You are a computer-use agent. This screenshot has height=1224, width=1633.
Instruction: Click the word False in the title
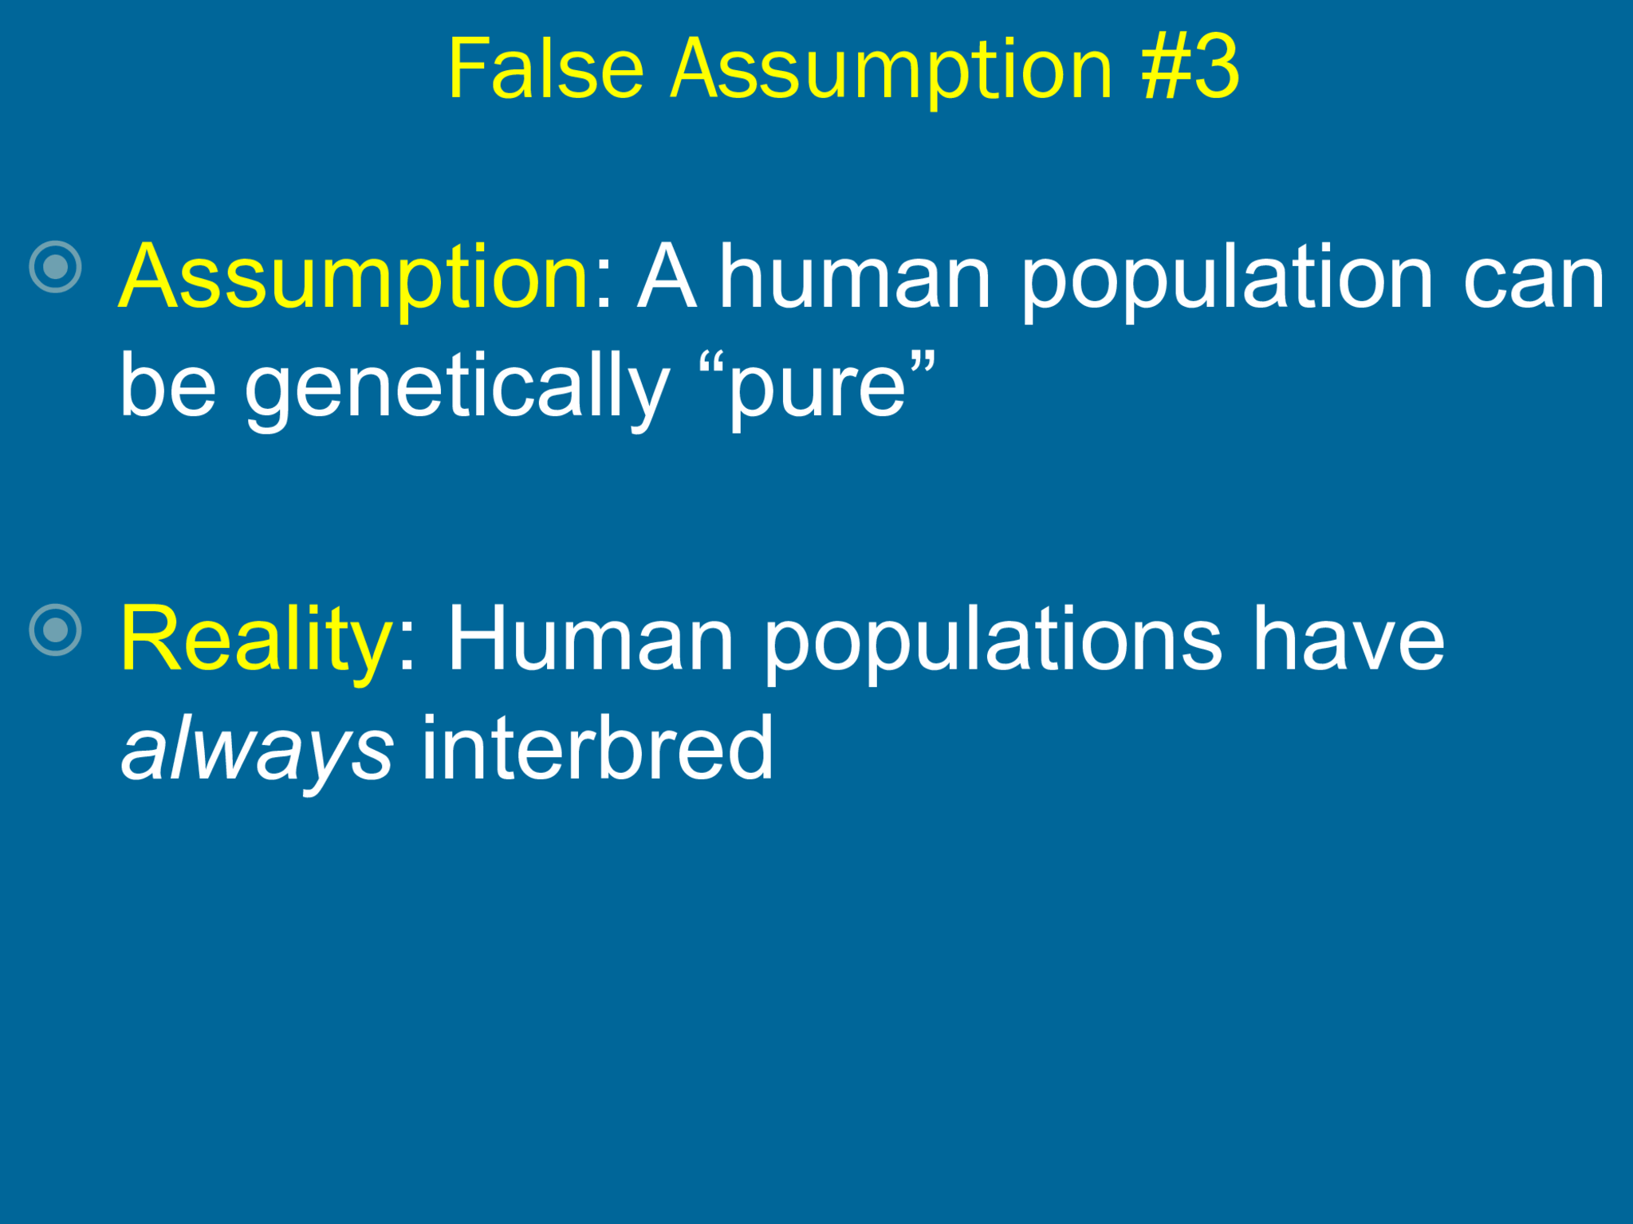pyautogui.click(x=545, y=70)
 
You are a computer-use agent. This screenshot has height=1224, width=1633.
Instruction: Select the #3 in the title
pyautogui.click(x=1190, y=70)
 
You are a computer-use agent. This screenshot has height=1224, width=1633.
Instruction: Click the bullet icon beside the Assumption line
pyautogui.click(x=55, y=267)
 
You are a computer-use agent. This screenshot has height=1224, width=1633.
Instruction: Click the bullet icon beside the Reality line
pyautogui.click(x=55, y=630)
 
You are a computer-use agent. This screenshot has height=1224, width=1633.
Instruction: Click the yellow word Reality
pyautogui.click(x=255, y=640)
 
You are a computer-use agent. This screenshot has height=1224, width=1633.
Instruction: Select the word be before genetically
pyautogui.click(x=167, y=386)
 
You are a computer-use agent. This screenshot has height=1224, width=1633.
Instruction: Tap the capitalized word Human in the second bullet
pyautogui.click(x=590, y=640)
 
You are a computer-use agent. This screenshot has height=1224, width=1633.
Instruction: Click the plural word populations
pyautogui.click(x=993, y=640)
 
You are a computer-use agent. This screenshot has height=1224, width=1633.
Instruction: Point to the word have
pyautogui.click(x=1348, y=640)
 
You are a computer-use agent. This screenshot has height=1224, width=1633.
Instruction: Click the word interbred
pyautogui.click(x=596, y=749)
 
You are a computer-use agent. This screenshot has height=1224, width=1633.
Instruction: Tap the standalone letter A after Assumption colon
pyautogui.click(x=667, y=277)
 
